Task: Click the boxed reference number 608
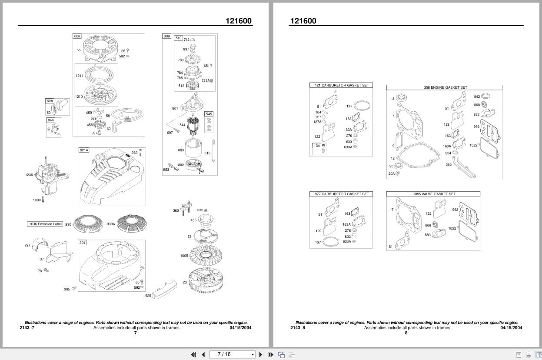(77, 36)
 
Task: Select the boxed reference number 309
(167, 36)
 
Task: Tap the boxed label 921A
(84, 150)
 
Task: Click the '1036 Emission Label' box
(46, 224)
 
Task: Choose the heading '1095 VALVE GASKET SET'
(434, 194)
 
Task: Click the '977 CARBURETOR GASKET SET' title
(341, 194)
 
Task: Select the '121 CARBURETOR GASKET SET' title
(341, 85)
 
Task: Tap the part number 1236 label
(29, 175)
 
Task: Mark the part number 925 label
(148, 296)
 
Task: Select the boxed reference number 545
(209, 114)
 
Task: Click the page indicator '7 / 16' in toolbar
(224, 354)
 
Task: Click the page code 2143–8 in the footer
(298, 328)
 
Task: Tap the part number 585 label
(448, 164)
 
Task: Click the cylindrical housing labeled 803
(194, 150)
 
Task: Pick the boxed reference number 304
(82, 243)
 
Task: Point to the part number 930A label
(111, 224)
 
